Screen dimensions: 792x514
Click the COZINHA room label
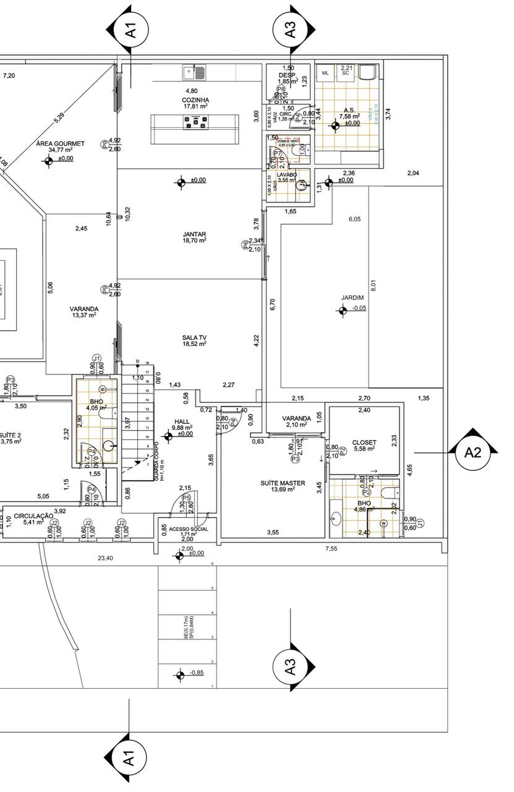(x=195, y=100)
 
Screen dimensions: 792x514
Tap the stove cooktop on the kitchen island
(x=195, y=122)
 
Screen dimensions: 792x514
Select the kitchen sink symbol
(x=194, y=72)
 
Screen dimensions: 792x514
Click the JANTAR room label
(x=194, y=234)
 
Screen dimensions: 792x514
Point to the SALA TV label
(x=194, y=337)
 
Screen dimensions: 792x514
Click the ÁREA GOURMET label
(x=60, y=143)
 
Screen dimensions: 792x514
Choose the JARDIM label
(x=353, y=298)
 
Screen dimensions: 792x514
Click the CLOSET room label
(x=364, y=442)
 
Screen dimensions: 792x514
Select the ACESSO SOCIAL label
(x=189, y=529)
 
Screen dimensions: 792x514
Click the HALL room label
(x=182, y=421)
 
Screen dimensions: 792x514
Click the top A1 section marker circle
(x=129, y=29)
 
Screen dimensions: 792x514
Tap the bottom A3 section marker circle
(x=290, y=667)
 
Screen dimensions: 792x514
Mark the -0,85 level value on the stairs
(x=197, y=673)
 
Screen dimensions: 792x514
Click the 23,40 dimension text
(x=105, y=558)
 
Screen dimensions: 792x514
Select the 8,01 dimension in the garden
(x=373, y=286)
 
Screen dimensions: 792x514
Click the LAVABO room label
(x=287, y=175)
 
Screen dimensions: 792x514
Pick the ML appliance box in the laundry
(x=325, y=73)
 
